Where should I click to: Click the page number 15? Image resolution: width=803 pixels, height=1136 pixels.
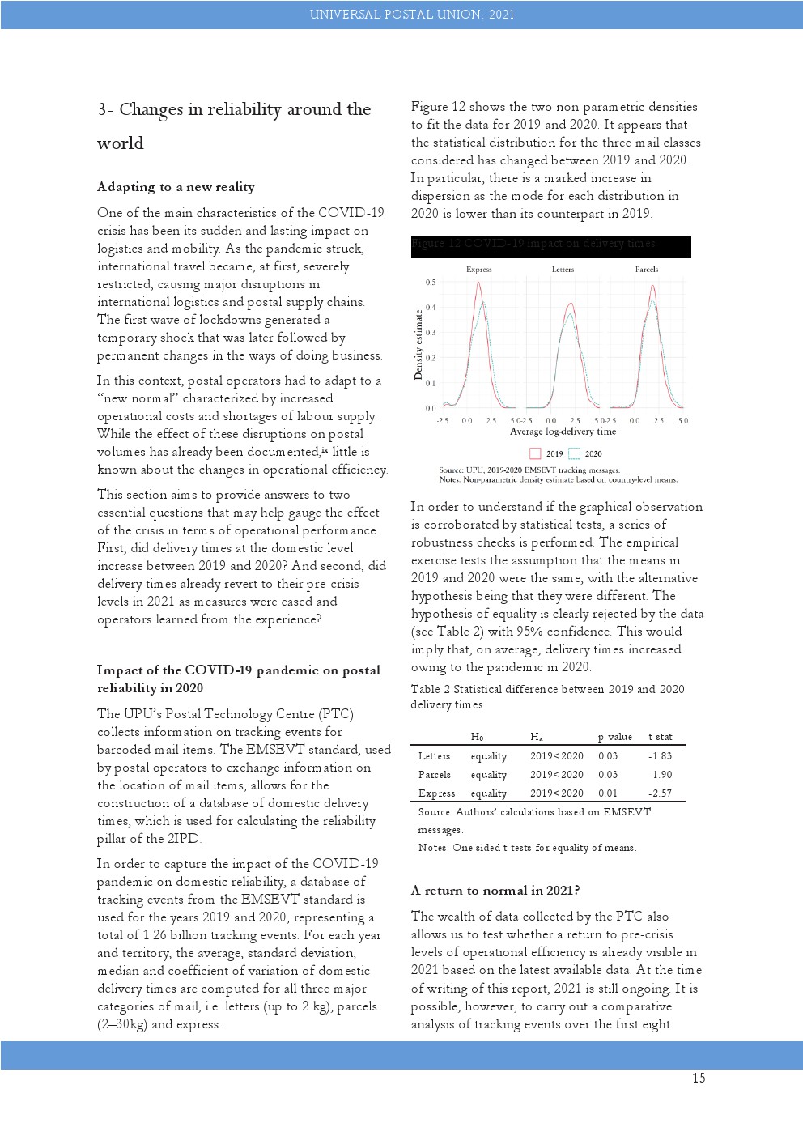coord(699,1078)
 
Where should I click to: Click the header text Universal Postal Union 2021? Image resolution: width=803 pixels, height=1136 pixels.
coord(411,15)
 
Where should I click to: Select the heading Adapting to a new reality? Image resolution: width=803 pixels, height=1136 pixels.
coord(176,187)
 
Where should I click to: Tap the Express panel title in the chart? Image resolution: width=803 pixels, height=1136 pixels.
coord(478,270)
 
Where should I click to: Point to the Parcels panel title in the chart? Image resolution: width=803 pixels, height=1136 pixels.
coord(646,270)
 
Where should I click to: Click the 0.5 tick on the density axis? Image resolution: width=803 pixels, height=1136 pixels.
coord(431,283)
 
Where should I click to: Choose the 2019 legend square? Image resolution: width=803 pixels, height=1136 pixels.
coord(535,454)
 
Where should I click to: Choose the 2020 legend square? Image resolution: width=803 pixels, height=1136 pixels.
coord(574,454)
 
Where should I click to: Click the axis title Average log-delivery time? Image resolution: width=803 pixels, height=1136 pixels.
coord(563,432)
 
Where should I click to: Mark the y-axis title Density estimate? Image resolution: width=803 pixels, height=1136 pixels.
coord(418,344)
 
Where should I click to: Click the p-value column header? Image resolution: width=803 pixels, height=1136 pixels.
coord(615,737)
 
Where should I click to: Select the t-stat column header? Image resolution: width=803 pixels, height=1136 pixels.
coord(661,737)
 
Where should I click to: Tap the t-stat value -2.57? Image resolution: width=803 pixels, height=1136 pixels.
coord(661,793)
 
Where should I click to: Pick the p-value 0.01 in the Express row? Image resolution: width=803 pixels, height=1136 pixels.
coord(608,793)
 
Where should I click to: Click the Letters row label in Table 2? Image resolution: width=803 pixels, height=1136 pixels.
coord(434,756)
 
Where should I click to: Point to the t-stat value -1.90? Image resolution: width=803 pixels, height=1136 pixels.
coord(661,775)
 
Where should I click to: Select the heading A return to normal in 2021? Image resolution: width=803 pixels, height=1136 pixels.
coord(495,891)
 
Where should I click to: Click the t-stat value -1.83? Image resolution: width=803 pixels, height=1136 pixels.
coord(661,756)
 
